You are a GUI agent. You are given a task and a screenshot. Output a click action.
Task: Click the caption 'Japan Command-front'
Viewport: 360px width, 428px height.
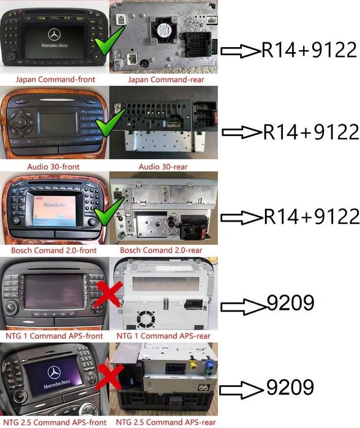pos(55,80)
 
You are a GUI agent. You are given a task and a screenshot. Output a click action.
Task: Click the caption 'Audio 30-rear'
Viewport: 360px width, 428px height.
pos(163,167)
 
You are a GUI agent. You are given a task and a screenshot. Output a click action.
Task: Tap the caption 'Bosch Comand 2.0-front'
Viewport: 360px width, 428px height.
pos(54,250)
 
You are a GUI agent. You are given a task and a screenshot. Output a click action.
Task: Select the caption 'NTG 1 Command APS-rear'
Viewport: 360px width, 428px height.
pos(163,336)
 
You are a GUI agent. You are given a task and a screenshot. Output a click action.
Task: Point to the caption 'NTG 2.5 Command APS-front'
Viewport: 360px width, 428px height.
pos(54,422)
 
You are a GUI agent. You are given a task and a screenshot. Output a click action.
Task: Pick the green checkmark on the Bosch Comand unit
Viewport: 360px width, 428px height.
pos(109,211)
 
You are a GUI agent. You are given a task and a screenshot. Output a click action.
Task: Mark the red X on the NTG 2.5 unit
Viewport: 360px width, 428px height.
pos(110,378)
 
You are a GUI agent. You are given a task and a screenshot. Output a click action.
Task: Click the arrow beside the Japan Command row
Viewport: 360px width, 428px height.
pos(240,51)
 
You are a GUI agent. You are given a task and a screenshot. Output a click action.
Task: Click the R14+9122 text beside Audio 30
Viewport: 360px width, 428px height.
pos(311,132)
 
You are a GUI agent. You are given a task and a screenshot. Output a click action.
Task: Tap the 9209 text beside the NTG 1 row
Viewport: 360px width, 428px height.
pos(290,302)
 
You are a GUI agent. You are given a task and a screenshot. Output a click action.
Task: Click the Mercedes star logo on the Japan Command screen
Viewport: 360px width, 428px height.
pos(54,35)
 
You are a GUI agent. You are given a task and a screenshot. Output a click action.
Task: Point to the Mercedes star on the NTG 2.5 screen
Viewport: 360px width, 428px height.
pos(54,373)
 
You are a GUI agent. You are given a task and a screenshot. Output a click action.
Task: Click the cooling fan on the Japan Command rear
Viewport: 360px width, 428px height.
pos(163,30)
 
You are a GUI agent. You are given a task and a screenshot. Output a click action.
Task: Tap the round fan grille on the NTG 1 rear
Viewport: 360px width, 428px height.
pos(146,320)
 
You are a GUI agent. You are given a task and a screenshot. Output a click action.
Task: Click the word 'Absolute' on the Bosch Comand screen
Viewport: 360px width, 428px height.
pos(54,205)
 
